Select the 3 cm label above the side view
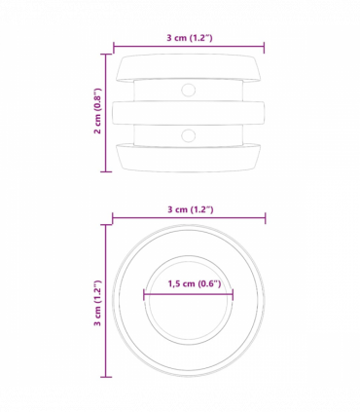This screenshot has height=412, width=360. click(189, 38)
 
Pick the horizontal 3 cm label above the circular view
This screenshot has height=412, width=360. click(189, 209)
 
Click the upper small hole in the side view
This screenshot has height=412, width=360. click(189, 90)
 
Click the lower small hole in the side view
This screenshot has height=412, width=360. click(189, 132)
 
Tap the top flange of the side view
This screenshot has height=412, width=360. click(189, 68)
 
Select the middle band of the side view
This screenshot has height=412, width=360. click(189, 111)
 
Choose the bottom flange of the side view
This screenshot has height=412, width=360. click(189, 156)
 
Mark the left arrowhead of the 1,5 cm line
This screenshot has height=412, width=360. click(145, 293)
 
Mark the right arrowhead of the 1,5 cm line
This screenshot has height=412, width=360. click(233, 293)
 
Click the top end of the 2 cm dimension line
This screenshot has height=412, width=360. click(106, 55)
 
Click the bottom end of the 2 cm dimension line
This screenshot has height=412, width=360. click(106, 172)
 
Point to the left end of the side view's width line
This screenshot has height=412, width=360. click(114, 46)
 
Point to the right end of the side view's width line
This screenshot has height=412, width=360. click(265, 46)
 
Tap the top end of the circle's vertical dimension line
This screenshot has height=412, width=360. click(106, 226)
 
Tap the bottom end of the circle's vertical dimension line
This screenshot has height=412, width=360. click(106, 377)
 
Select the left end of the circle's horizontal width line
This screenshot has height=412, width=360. click(113, 217)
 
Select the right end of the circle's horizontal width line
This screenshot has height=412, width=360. click(265, 217)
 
